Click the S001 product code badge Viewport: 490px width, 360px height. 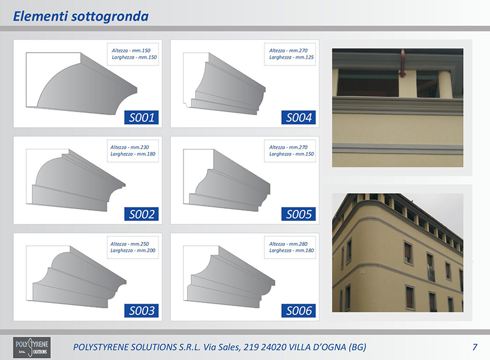click(142, 118)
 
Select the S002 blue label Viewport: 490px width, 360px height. click(142, 214)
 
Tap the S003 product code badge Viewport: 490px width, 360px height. click(142, 311)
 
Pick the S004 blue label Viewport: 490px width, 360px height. click(299, 118)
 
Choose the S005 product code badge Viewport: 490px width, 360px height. click(299, 214)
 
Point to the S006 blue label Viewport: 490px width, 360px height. click(299, 311)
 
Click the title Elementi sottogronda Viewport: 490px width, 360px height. click(80, 16)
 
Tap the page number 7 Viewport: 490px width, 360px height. click(474, 347)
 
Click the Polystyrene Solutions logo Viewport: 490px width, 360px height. click(32, 347)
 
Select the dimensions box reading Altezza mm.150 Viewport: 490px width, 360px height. click(133, 54)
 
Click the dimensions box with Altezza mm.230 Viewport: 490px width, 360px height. click(133, 151)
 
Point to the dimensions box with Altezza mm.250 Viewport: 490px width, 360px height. click(133, 247)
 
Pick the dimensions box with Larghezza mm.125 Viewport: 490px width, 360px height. click(290, 54)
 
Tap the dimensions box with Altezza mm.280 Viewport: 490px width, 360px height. click(290, 247)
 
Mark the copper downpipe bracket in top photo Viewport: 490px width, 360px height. click(402, 64)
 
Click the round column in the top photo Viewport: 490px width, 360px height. click(445, 85)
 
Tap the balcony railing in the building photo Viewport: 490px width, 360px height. click(431, 275)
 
